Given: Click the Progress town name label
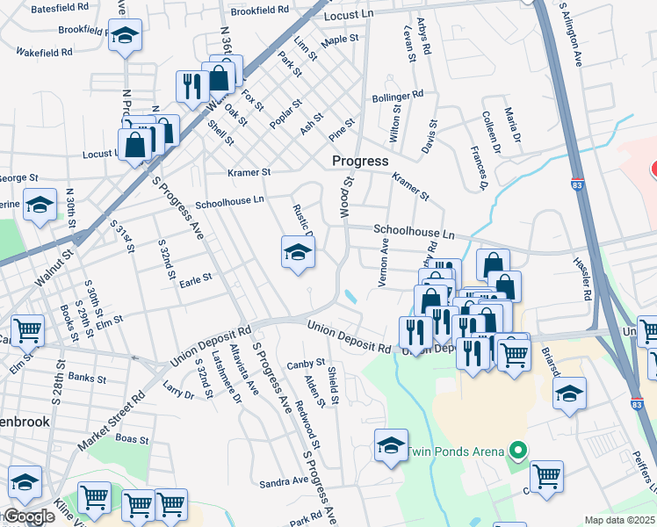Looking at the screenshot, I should [360, 162].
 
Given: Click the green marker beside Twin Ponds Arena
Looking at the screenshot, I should [518, 452].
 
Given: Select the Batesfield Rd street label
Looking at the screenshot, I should [60, 7].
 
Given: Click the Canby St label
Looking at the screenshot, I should [306, 363].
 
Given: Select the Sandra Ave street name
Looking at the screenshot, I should [284, 482].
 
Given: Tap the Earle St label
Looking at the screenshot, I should [195, 278].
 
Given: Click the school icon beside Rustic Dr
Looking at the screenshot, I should [298, 253].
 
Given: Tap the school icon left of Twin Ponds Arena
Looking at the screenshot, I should [391, 444].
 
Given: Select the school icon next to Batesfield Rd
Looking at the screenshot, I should [125, 37].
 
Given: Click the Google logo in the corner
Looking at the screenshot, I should [28, 517].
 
